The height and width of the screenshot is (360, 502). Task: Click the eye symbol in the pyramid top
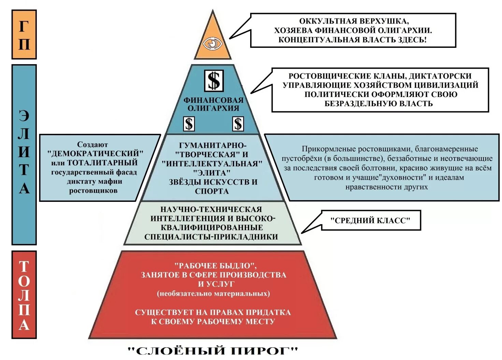[213, 44]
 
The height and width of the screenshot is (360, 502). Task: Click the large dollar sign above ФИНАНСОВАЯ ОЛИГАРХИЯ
[214, 81]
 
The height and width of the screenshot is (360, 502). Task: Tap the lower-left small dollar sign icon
[189, 124]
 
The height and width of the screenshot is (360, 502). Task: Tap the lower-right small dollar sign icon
[238, 124]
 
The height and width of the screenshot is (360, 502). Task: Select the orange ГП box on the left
[24, 34]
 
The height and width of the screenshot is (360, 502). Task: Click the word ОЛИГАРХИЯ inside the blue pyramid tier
[213, 108]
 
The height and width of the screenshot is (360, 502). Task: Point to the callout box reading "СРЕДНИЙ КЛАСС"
[370, 220]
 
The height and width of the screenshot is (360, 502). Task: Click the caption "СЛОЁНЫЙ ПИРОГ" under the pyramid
[213, 350]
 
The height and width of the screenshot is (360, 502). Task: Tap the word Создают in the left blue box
[92, 144]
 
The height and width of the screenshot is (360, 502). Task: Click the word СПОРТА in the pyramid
[212, 191]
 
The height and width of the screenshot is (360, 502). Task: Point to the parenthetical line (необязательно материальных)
[213, 293]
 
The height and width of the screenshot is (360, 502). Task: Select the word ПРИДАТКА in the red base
[269, 312]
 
